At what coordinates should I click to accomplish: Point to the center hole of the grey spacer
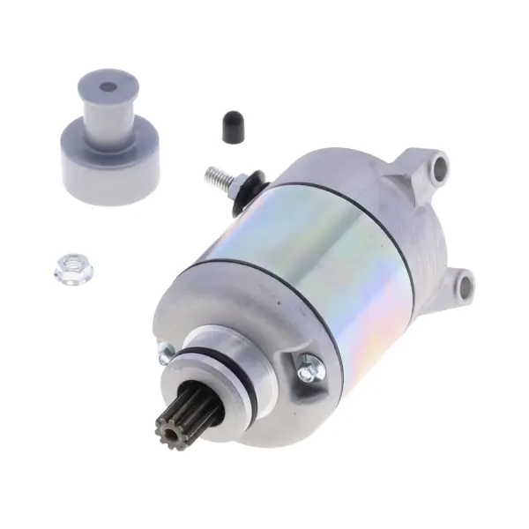pyautogui.click(x=108, y=87)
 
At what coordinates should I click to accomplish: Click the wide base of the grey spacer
pyautogui.click(x=101, y=164)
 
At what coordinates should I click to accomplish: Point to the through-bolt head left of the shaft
pyautogui.click(x=163, y=354)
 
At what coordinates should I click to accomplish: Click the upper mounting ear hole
pyautogui.click(x=438, y=165)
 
